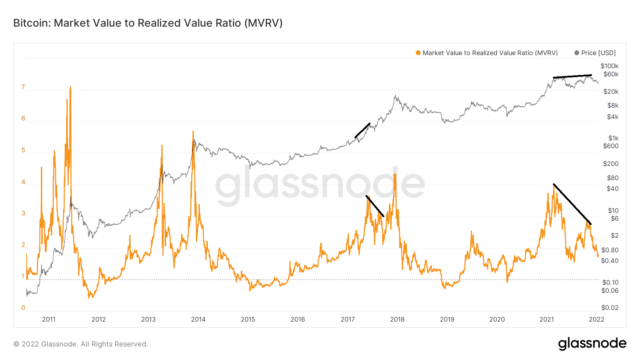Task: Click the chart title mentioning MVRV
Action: pyautogui.click(x=148, y=23)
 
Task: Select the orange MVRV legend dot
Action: pyautogui.click(x=418, y=53)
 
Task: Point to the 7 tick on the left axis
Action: pyautogui.click(x=23, y=87)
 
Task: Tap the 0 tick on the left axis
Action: pyautogui.click(x=23, y=308)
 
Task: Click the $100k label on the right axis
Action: pyautogui.click(x=609, y=66)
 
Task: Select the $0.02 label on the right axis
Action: pyautogui.click(x=610, y=308)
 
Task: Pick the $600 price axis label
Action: pyautogui.click(x=610, y=146)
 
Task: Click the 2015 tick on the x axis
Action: pyautogui.click(x=248, y=319)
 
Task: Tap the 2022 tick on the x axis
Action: pyautogui.click(x=596, y=319)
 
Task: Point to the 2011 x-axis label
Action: pyautogui.click(x=49, y=319)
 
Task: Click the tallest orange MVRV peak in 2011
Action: pyautogui.click(x=70, y=87)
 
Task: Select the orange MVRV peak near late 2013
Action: pyautogui.click(x=193, y=132)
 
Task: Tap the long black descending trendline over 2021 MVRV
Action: pyautogui.click(x=572, y=204)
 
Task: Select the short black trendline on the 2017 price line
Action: pyautogui.click(x=363, y=130)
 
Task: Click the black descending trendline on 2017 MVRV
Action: pyautogui.click(x=375, y=206)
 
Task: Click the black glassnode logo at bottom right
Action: pyautogui.click(x=592, y=344)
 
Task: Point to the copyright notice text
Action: pyautogui.click(x=81, y=344)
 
